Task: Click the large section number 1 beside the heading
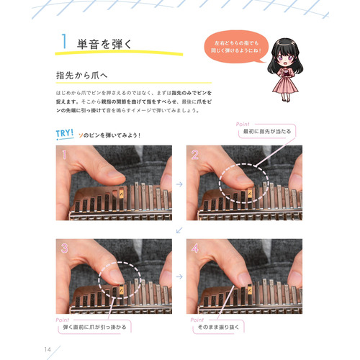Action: pos(64,42)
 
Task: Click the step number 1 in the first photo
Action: pos(65,155)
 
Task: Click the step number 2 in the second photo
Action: pos(194,155)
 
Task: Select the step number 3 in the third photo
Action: pos(65,249)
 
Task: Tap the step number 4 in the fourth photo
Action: pos(194,249)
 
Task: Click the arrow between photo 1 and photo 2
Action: pos(179,184)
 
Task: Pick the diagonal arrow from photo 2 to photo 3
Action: pos(179,230)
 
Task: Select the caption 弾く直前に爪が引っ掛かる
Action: pos(94,328)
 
